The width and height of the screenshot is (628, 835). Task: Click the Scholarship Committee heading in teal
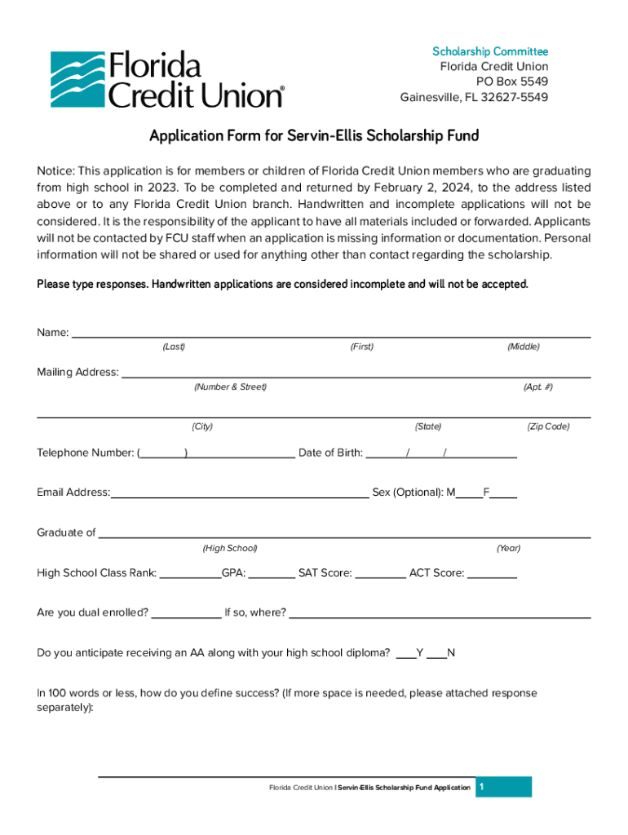489,51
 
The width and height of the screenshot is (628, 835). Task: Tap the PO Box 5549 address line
511,82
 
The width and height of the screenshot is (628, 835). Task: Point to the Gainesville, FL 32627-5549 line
473,97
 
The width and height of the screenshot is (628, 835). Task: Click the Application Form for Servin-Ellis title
313,135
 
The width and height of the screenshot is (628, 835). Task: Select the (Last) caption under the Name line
174,347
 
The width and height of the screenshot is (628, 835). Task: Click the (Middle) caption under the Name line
523,347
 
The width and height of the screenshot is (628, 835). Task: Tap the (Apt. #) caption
537,387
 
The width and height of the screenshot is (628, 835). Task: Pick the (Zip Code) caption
548,426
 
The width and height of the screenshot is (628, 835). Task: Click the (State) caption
428,426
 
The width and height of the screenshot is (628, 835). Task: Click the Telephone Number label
86,453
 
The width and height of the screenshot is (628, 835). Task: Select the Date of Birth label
330,453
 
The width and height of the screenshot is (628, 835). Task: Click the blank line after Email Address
239,493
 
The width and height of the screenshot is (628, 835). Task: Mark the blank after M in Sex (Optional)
469,493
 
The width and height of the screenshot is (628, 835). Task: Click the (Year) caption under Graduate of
508,548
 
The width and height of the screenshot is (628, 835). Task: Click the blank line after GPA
271,574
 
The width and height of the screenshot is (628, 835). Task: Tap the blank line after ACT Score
492,574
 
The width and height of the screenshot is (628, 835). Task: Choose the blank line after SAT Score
380,574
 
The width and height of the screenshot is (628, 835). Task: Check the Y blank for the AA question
405,654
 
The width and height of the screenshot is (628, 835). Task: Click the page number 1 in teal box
483,786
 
